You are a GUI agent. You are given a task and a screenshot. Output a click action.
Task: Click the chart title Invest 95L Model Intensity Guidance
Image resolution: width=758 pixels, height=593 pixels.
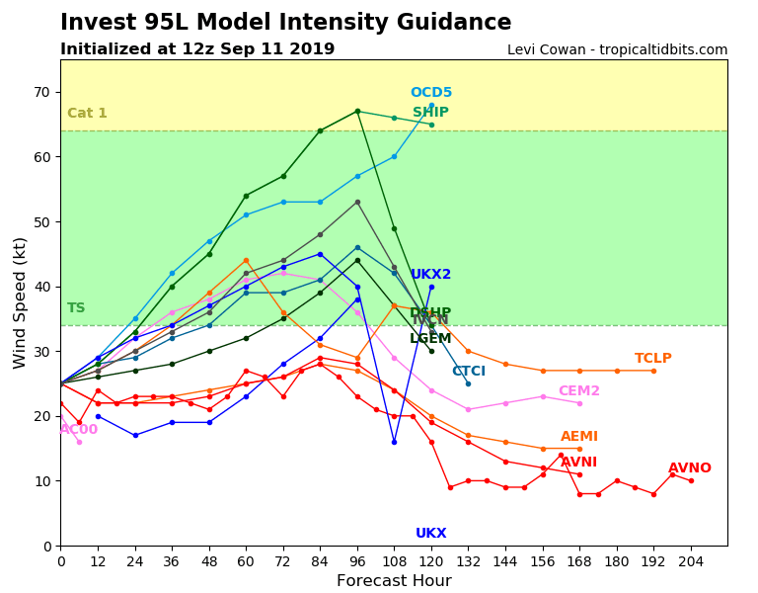coord(285,23)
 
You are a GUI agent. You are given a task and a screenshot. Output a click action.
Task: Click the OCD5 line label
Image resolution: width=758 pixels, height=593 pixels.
coord(431,93)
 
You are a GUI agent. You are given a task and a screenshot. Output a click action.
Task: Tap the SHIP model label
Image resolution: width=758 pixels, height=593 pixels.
coord(430,113)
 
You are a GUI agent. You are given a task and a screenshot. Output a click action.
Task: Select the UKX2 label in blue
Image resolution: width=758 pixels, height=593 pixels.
coord(430,275)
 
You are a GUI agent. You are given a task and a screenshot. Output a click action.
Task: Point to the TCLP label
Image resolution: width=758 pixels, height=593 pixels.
coord(652,359)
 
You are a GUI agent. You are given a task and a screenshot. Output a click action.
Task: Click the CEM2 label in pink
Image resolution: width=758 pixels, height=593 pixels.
coord(578,391)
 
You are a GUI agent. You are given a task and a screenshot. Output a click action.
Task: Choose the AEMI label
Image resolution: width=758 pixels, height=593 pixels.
coord(578,437)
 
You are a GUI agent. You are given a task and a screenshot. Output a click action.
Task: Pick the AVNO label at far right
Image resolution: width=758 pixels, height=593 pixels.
coord(689,468)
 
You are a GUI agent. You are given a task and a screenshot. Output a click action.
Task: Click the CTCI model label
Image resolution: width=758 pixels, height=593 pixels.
coord(468,372)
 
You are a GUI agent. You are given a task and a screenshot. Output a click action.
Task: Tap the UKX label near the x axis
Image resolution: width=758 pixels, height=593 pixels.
coord(430,534)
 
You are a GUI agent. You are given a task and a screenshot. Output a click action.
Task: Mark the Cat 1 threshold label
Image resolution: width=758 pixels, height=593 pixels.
coord(87,114)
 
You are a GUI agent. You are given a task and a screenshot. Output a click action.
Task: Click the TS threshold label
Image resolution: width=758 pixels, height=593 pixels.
coord(76,308)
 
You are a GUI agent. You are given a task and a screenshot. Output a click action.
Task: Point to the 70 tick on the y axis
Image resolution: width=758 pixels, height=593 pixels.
coord(43,93)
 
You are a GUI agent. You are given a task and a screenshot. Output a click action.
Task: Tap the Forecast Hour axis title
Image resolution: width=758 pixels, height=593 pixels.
coord(394,581)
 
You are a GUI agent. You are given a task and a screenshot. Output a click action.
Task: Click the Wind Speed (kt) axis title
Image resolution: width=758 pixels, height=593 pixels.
coord(21,302)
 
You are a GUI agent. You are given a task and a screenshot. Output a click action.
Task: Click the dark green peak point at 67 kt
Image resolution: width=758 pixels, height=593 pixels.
coord(357,111)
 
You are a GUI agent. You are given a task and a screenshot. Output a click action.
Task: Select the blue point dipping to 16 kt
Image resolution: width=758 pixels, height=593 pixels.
coord(394,442)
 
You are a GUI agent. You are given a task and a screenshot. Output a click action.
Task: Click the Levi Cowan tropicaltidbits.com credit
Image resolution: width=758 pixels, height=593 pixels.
coord(617,50)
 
